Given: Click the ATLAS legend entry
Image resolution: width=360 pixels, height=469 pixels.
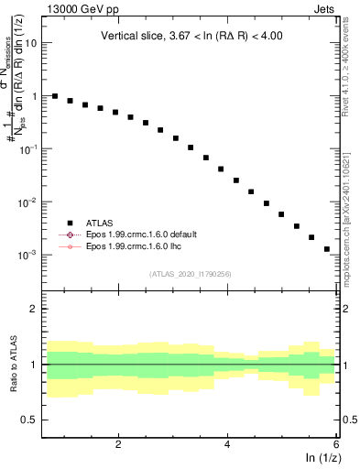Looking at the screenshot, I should [x=93, y=222].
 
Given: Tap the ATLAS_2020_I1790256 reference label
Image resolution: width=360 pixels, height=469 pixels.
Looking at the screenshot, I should [x=190, y=273].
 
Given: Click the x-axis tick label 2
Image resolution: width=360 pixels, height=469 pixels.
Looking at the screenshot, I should [x=118, y=443].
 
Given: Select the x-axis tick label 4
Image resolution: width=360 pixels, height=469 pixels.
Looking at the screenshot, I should [x=227, y=443].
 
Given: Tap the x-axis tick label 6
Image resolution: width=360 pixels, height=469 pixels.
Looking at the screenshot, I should [x=335, y=443].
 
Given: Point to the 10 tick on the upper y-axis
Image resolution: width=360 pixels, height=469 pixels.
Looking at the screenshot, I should [x=32, y=43].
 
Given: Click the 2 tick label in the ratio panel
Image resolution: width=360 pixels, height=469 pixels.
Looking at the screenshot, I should [x=35, y=309].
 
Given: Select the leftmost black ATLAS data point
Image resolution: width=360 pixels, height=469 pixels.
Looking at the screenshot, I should [x=55, y=96].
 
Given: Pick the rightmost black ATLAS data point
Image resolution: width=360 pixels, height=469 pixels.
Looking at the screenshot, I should [x=326, y=249].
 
